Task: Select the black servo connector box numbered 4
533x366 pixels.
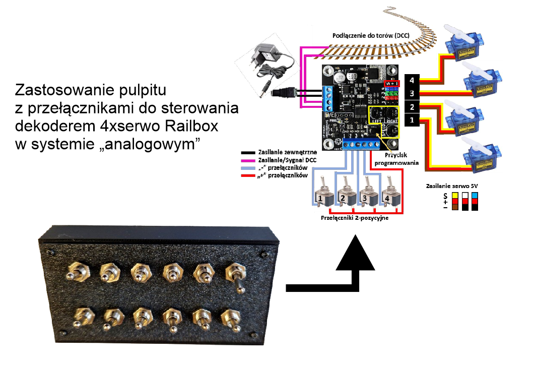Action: pos(412,81)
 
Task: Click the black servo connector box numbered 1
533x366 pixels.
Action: pos(412,120)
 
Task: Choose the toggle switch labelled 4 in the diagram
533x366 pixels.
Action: pos(388,195)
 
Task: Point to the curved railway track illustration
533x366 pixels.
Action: pos(383,48)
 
